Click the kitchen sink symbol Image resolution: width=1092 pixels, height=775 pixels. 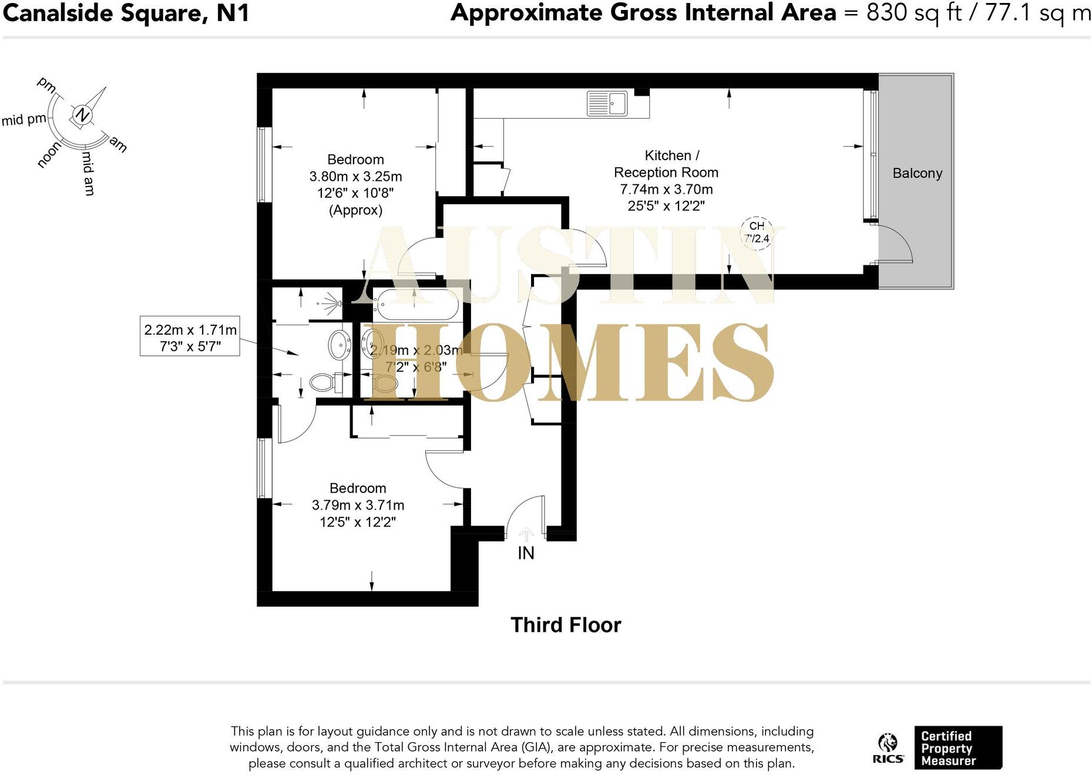[x=607, y=104]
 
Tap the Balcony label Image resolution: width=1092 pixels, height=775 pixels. [x=917, y=173]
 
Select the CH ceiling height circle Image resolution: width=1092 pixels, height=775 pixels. [x=757, y=232]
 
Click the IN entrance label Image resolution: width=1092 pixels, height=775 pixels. [x=526, y=553]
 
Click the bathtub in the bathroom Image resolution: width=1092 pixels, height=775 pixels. [x=417, y=304]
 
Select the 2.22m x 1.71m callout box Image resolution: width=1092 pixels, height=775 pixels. [x=190, y=338]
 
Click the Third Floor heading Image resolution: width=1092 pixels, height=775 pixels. [x=565, y=625]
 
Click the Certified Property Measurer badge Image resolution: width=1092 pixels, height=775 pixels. [x=957, y=748]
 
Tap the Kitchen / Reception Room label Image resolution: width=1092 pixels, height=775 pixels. [x=667, y=164]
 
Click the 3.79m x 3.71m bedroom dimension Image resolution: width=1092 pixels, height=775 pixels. [x=358, y=505]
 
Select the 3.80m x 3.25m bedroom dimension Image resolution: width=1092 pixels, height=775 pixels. [x=355, y=176]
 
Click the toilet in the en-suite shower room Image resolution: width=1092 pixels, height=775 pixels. [x=322, y=383]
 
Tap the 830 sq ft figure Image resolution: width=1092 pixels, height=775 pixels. [x=913, y=13]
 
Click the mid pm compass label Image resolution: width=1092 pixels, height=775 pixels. [x=23, y=120]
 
